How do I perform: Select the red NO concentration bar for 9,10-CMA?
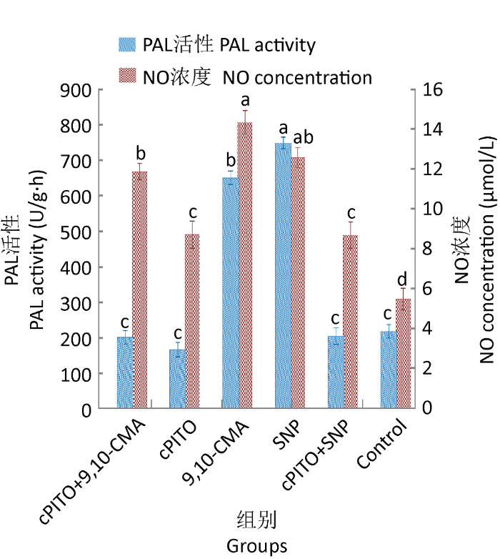point(245,265)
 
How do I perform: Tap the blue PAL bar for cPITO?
point(178,379)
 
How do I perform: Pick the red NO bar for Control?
point(404,354)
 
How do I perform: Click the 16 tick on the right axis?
point(433,90)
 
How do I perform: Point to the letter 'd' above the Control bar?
point(404,279)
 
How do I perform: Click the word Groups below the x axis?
point(257,546)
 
